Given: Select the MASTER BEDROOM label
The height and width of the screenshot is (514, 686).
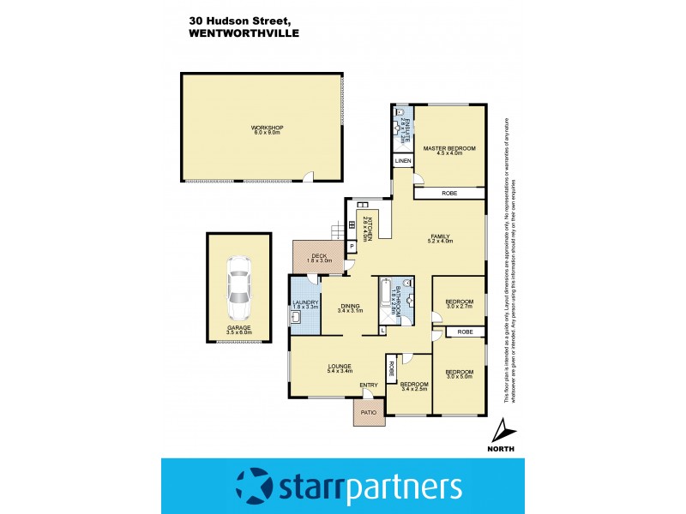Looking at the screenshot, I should tap(448, 149).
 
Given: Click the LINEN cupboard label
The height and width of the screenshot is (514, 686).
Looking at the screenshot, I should tap(402, 161).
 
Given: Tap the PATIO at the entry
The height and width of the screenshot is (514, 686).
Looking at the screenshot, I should tap(369, 413).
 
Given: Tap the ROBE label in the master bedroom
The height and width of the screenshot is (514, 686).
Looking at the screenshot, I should tap(449, 194).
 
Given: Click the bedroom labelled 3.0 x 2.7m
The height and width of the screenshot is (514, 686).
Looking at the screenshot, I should tap(459, 302).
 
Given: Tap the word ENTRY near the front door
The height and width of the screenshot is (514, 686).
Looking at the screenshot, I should tap(369, 385).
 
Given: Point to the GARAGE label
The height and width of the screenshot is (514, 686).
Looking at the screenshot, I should tap(239, 328).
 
